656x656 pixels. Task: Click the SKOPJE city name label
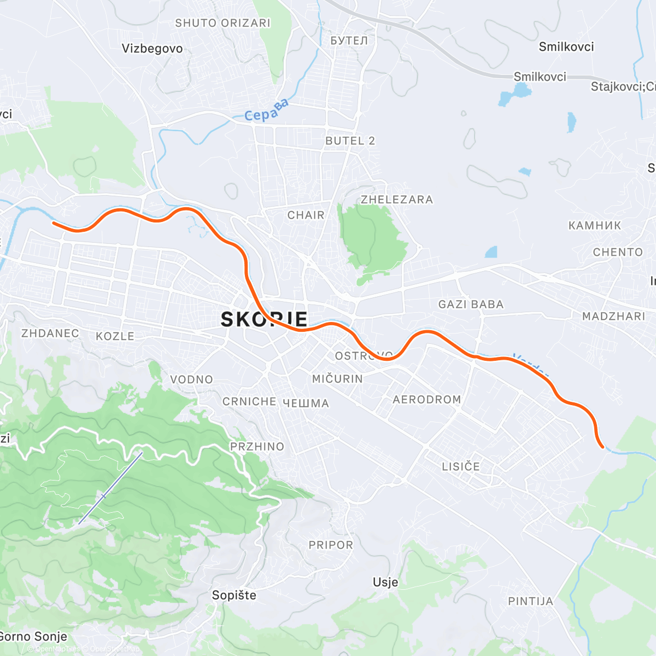pos(264,319)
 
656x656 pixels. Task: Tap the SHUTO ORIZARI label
pos(222,23)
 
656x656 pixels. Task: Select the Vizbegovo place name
pos(152,49)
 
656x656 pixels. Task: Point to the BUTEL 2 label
pos(350,141)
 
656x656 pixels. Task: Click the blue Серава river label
pos(266,110)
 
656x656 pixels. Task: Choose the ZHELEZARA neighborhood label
pos(396,200)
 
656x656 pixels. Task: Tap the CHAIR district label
pos(306,215)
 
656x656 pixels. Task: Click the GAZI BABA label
pos(471,304)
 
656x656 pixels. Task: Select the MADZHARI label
pos(613,317)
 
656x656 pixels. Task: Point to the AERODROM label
pos(427,400)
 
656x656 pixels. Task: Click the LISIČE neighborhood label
pos(461,466)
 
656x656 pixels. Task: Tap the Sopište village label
pos(234,595)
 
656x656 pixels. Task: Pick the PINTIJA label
pos(530,601)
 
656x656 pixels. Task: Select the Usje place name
pos(385,582)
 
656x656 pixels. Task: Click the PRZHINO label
pos(257,447)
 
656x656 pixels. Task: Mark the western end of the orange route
pos(53,222)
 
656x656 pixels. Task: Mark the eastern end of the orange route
pos(602,447)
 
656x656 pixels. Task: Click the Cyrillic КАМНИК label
pos(595,226)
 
